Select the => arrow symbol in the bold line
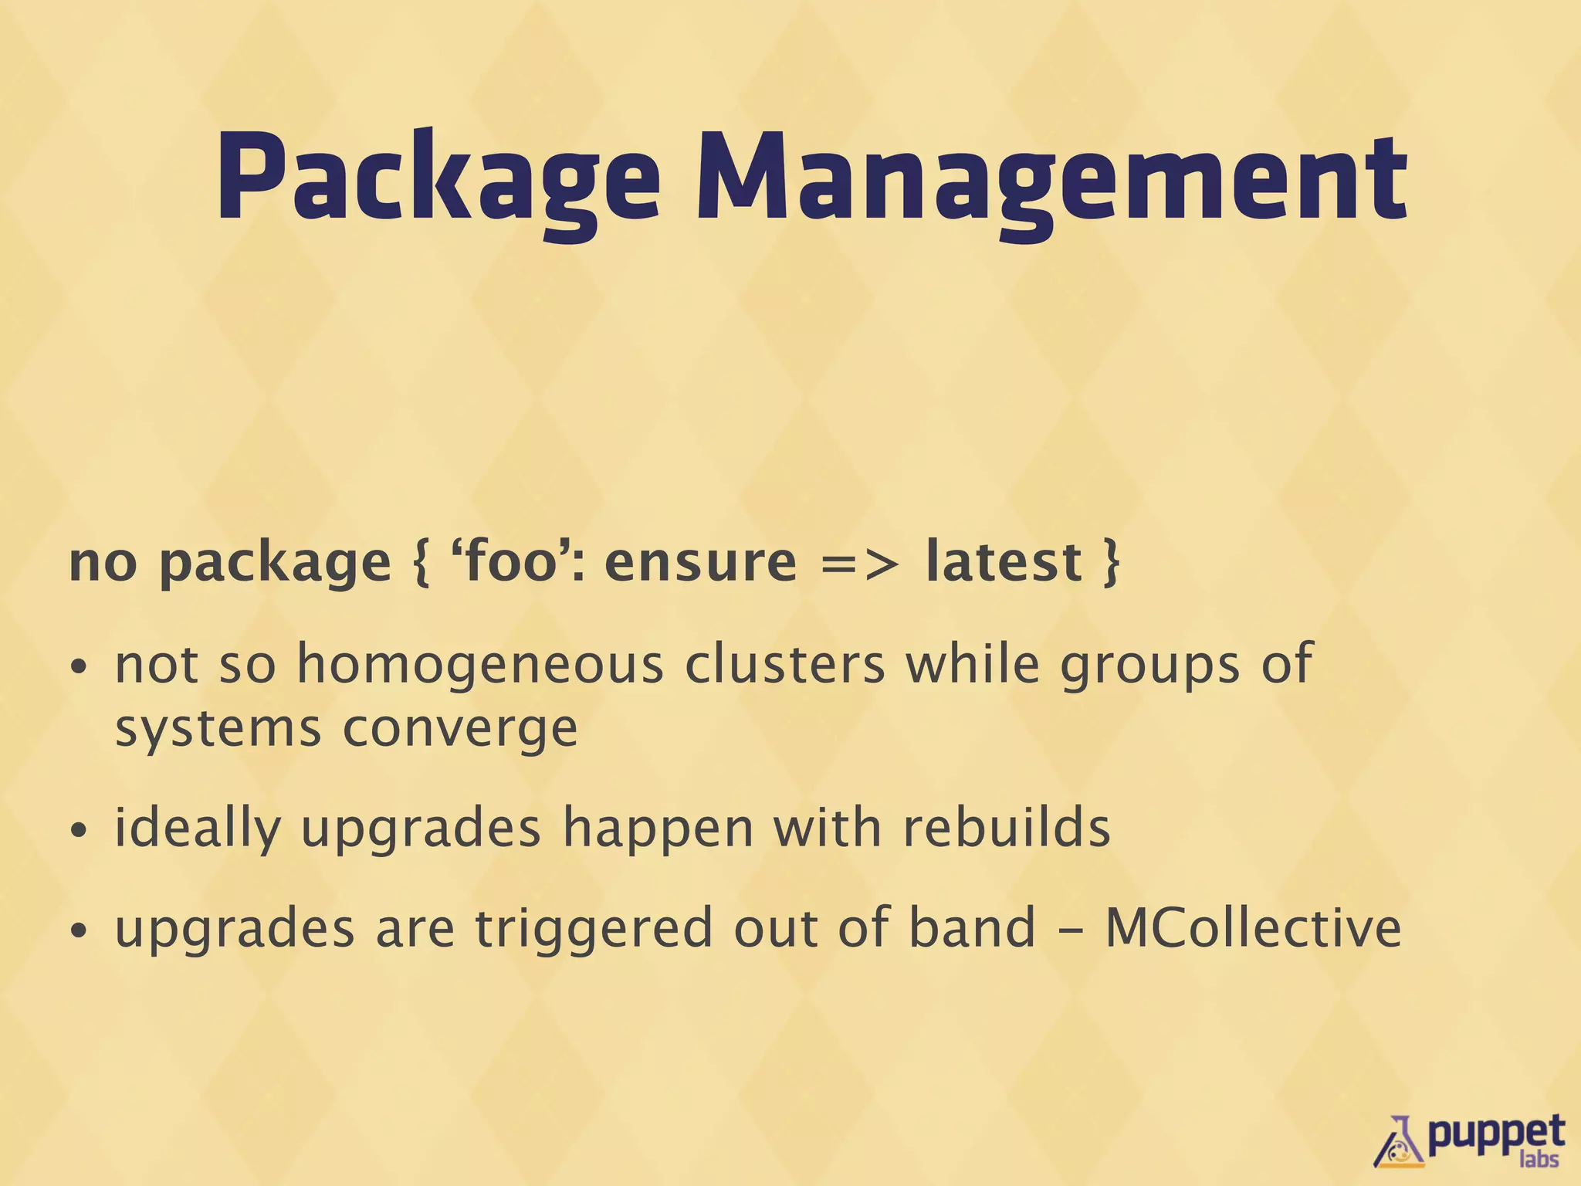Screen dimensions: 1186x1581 [x=859, y=563]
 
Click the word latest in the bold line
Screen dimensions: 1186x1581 [x=1003, y=561]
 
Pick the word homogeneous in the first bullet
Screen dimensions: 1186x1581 [x=480, y=664]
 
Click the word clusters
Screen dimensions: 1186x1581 [x=784, y=664]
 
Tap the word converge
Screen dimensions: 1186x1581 [x=460, y=729]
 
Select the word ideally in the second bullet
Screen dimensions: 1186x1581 [x=197, y=829]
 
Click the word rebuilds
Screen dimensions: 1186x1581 [x=1006, y=827]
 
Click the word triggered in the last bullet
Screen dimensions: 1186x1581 [x=593, y=929]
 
